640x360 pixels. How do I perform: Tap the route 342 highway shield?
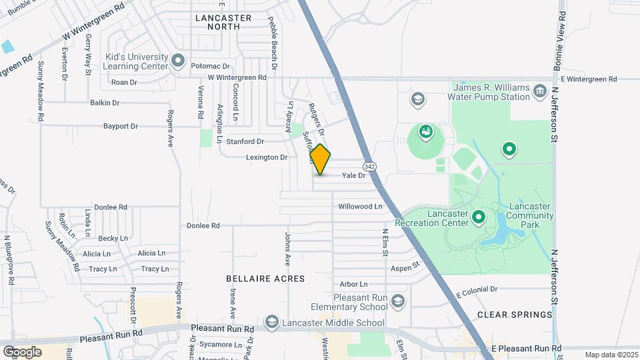point(369,165)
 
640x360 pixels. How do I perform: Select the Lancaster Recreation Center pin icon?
point(479,217)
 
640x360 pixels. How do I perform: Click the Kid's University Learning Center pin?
point(178,62)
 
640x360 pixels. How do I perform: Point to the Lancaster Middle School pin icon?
point(271,323)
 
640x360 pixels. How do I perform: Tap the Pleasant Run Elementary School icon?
point(398,301)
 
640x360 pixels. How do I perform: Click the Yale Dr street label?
point(354,175)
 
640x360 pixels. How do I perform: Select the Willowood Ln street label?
point(360,207)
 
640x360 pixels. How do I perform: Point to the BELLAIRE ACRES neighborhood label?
point(265,279)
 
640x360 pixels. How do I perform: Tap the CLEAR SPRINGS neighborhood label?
point(515,315)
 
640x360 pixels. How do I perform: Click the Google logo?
point(22,351)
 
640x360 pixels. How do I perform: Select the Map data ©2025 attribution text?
point(611,355)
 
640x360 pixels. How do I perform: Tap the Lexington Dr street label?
point(267,158)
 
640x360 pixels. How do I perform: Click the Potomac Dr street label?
point(210,67)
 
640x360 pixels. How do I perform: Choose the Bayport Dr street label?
point(120,126)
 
